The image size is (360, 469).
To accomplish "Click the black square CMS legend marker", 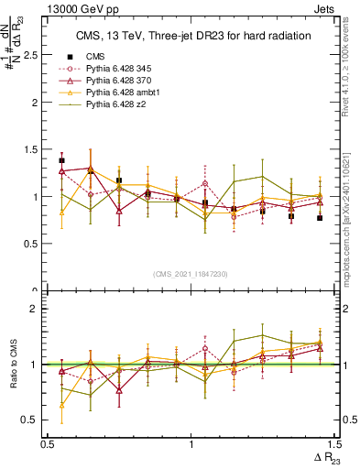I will (70, 57).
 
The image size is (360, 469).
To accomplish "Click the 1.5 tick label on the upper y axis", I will (32, 149).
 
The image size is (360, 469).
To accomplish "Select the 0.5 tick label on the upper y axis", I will (32, 244).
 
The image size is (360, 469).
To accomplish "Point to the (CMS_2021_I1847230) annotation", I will (191, 274).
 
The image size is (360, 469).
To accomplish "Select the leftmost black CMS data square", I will (61, 160).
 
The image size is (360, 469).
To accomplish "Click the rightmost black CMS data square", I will (320, 218).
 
